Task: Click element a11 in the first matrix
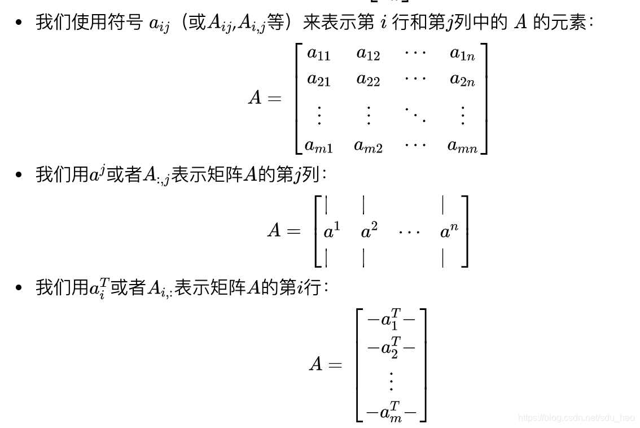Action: [318, 54]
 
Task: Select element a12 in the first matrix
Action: [368, 54]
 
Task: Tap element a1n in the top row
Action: [462, 54]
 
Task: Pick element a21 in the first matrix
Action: [318, 80]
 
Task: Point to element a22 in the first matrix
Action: [368, 80]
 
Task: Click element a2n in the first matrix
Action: [462, 80]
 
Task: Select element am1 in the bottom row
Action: [318, 146]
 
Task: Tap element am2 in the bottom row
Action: [368, 146]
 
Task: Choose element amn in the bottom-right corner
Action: [462, 146]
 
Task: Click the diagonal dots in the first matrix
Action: [415, 114]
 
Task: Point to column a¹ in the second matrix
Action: [332, 231]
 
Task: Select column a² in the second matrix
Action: [369, 231]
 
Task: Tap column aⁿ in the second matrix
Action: [449, 231]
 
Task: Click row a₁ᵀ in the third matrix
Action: [391, 321]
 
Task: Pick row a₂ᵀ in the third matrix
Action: [391, 347]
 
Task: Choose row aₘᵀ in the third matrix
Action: [391, 412]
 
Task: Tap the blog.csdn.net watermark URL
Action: [576, 418]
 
